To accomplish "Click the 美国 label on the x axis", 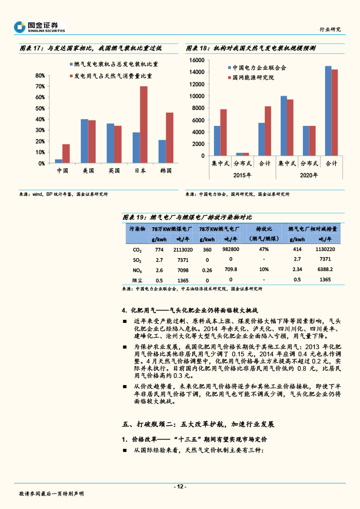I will (88, 171).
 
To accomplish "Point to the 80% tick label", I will (40, 76).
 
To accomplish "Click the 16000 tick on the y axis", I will (197, 60).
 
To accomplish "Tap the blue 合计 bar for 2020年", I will (328, 111).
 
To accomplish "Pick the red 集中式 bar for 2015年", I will (223, 132).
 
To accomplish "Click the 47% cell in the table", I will (264, 249).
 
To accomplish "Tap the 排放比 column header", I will (264, 228).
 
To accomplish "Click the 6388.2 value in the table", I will (325, 269).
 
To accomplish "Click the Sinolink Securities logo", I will (39, 26).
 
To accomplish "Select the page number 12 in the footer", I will (179, 487).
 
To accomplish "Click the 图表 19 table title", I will (187, 217).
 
